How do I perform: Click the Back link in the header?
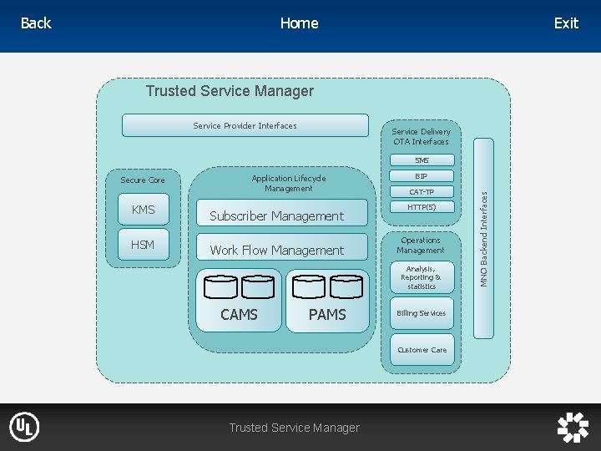pyautogui.click(x=36, y=23)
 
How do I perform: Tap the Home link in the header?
pyautogui.click(x=299, y=23)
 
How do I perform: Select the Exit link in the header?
pyautogui.click(x=566, y=23)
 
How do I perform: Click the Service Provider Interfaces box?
pyautogui.click(x=245, y=125)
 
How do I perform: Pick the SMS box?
pyautogui.click(x=422, y=160)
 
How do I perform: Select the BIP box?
pyautogui.click(x=422, y=176)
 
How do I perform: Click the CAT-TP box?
pyautogui.click(x=422, y=192)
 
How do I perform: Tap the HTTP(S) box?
pyautogui.click(x=422, y=207)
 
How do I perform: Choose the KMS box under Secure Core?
pyautogui.click(x=143, y=210)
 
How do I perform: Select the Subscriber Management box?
pyautogui.click(x=276, y=215)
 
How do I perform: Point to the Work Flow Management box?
pyautogui.click(x=276, y=250)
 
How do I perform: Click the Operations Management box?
pyautogui.click(x=421, y=246)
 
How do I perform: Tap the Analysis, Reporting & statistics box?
pyautogui.click(x=422, y=277)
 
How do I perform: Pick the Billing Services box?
pyautogui.click(x=422, y=313)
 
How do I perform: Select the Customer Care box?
pyautogui.click(x=422, y=350)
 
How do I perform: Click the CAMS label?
pyautogui.click(x=239, y=315)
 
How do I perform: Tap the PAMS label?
pyautogui.click(x=327, y=315)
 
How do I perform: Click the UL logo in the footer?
pyautogui.click(x=24, y=428)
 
